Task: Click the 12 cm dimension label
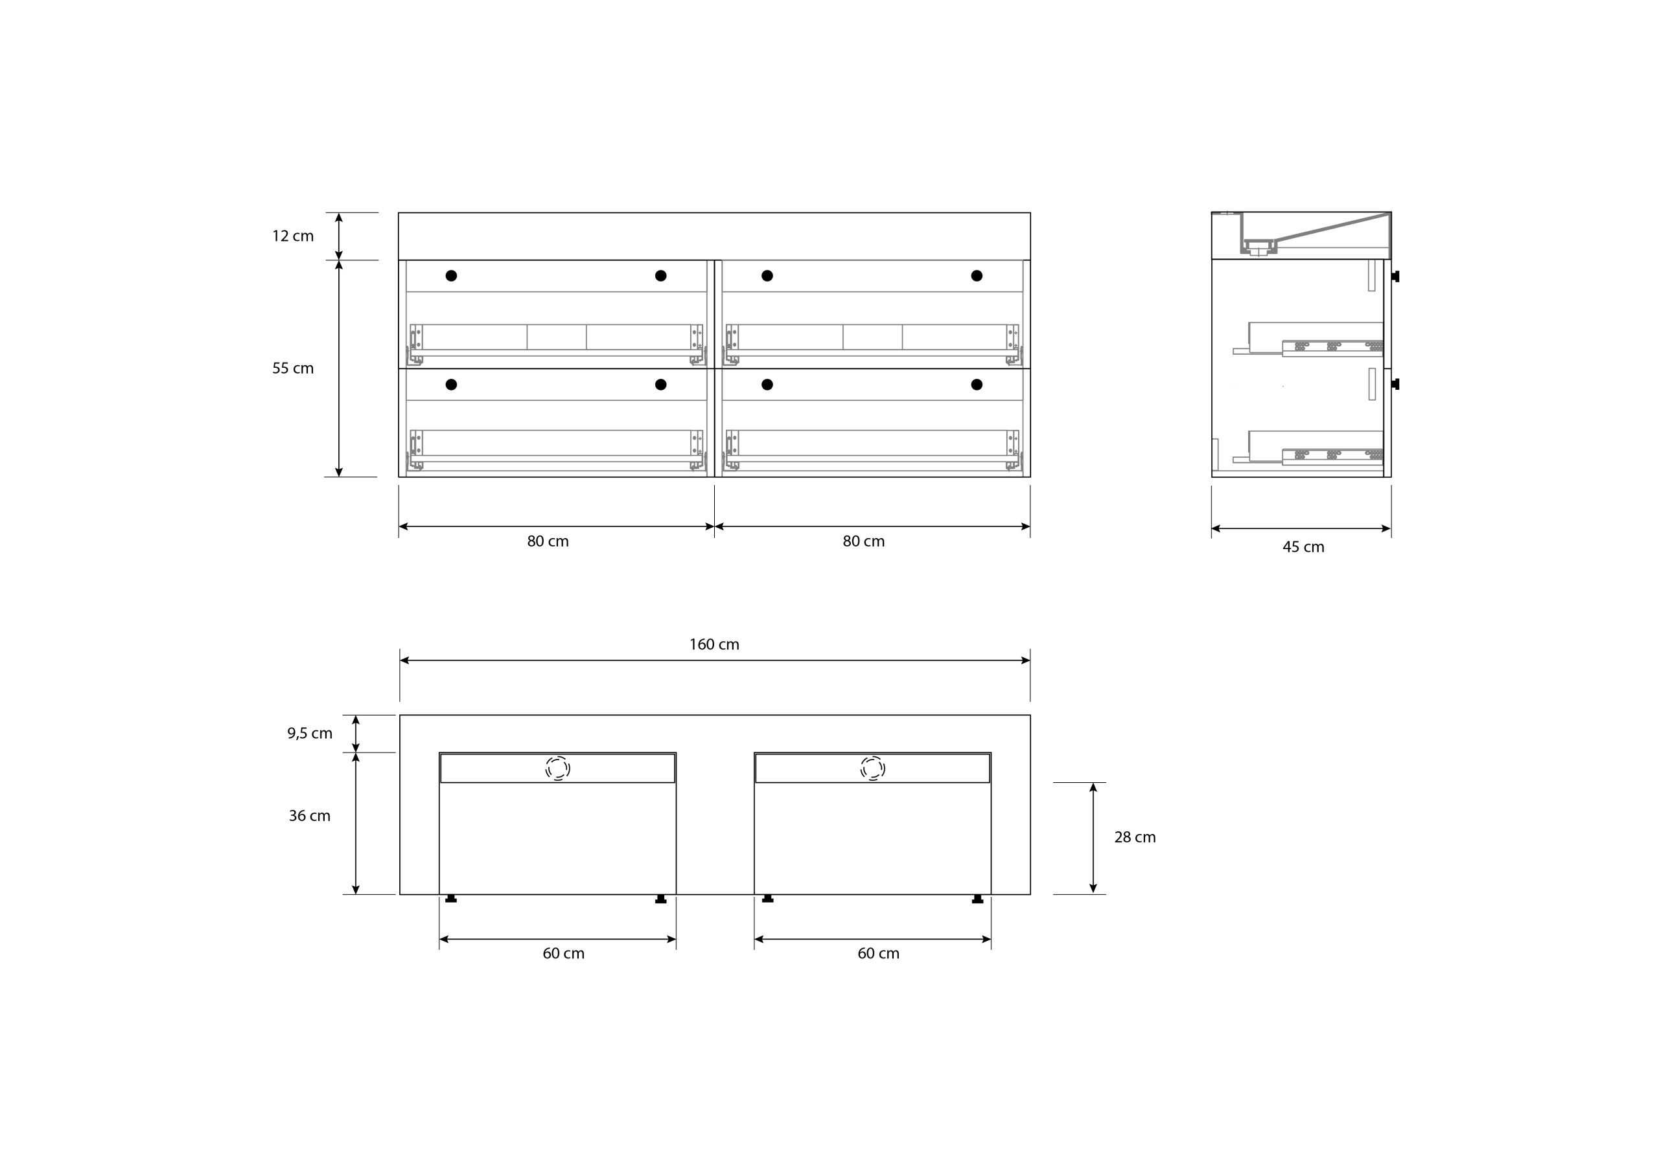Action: tap(293, 236)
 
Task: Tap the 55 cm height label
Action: tap(293, 368)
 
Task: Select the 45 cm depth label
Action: tap(1303, 547)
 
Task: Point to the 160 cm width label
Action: tap(714, 644)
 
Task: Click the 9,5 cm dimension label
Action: tap(310, 734)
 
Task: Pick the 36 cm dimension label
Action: tap(309, 816)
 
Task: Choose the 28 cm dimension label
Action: tap(1135, 838)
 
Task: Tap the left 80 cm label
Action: tap(548, 541)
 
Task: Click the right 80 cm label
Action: tap(863, 541)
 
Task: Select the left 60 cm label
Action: tap(564, 954)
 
